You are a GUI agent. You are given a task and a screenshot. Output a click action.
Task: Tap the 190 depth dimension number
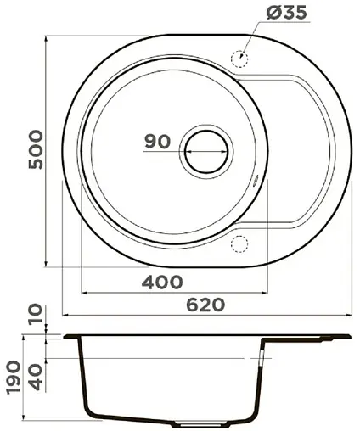(x=13, y=372)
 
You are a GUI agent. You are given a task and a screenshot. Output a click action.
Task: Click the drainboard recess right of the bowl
(x=293, y=153)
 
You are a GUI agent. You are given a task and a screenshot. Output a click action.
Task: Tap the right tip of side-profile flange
(x=349, y=337)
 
